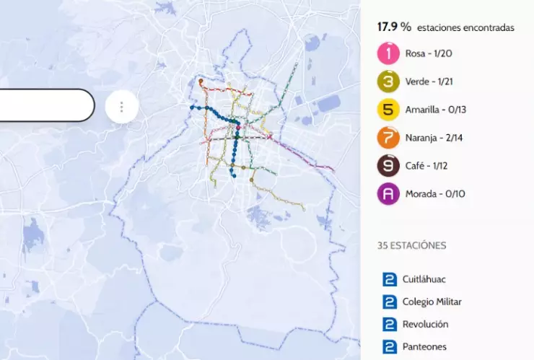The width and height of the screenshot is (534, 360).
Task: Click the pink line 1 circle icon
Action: (388, 53)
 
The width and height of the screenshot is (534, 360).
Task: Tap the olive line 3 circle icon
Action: (388, 82)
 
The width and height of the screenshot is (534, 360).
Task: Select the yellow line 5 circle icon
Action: (388, 110)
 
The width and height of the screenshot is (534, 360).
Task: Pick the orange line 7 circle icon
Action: (388, 138)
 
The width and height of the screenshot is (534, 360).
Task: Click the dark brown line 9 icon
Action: (388, 166)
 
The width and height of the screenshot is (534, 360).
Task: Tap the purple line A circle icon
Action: (388, 194)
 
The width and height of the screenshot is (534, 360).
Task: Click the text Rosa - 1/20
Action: (430, 53)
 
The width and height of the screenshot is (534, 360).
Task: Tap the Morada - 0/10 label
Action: (436, 194)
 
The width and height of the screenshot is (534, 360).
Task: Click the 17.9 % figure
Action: (394, 27)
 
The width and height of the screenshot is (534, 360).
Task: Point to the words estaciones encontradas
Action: (465, 27)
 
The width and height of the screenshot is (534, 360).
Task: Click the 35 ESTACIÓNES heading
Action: (411, 245)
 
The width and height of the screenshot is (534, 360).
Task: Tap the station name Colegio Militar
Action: (432, 302)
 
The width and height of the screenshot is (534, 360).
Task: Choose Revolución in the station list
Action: (426, 325)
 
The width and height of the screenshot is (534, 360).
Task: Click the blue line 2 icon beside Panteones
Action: (390, 348)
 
